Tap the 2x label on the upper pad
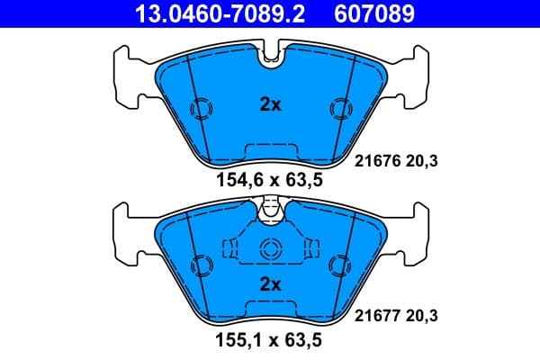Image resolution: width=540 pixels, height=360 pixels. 270,104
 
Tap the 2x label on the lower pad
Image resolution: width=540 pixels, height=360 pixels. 270,284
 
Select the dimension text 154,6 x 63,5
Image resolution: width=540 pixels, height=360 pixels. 270,180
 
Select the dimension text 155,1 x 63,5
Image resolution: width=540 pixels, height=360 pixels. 270,341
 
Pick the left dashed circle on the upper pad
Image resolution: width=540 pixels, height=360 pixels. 202,109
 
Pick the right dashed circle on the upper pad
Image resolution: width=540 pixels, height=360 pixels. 339,109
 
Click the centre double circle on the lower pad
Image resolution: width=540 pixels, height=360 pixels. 270,251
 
